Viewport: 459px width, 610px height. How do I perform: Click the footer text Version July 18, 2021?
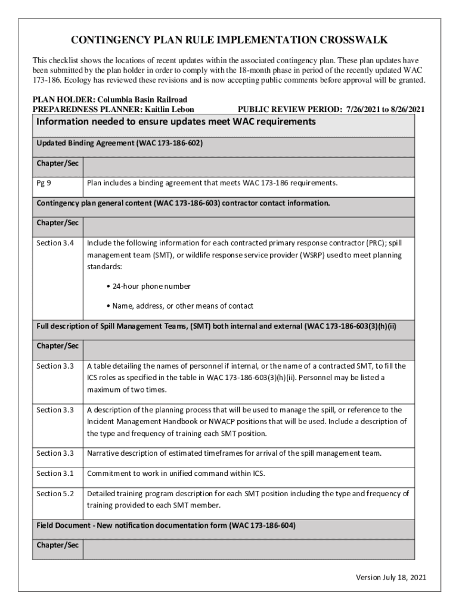[390, 577]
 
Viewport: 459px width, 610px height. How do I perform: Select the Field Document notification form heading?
[166, 526]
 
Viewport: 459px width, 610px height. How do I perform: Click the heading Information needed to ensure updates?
[175, 122]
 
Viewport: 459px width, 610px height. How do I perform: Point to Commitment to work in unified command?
[176, 474]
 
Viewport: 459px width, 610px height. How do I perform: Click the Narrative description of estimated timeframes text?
[234, 453]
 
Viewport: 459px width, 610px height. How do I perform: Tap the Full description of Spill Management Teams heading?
[216, 326]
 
